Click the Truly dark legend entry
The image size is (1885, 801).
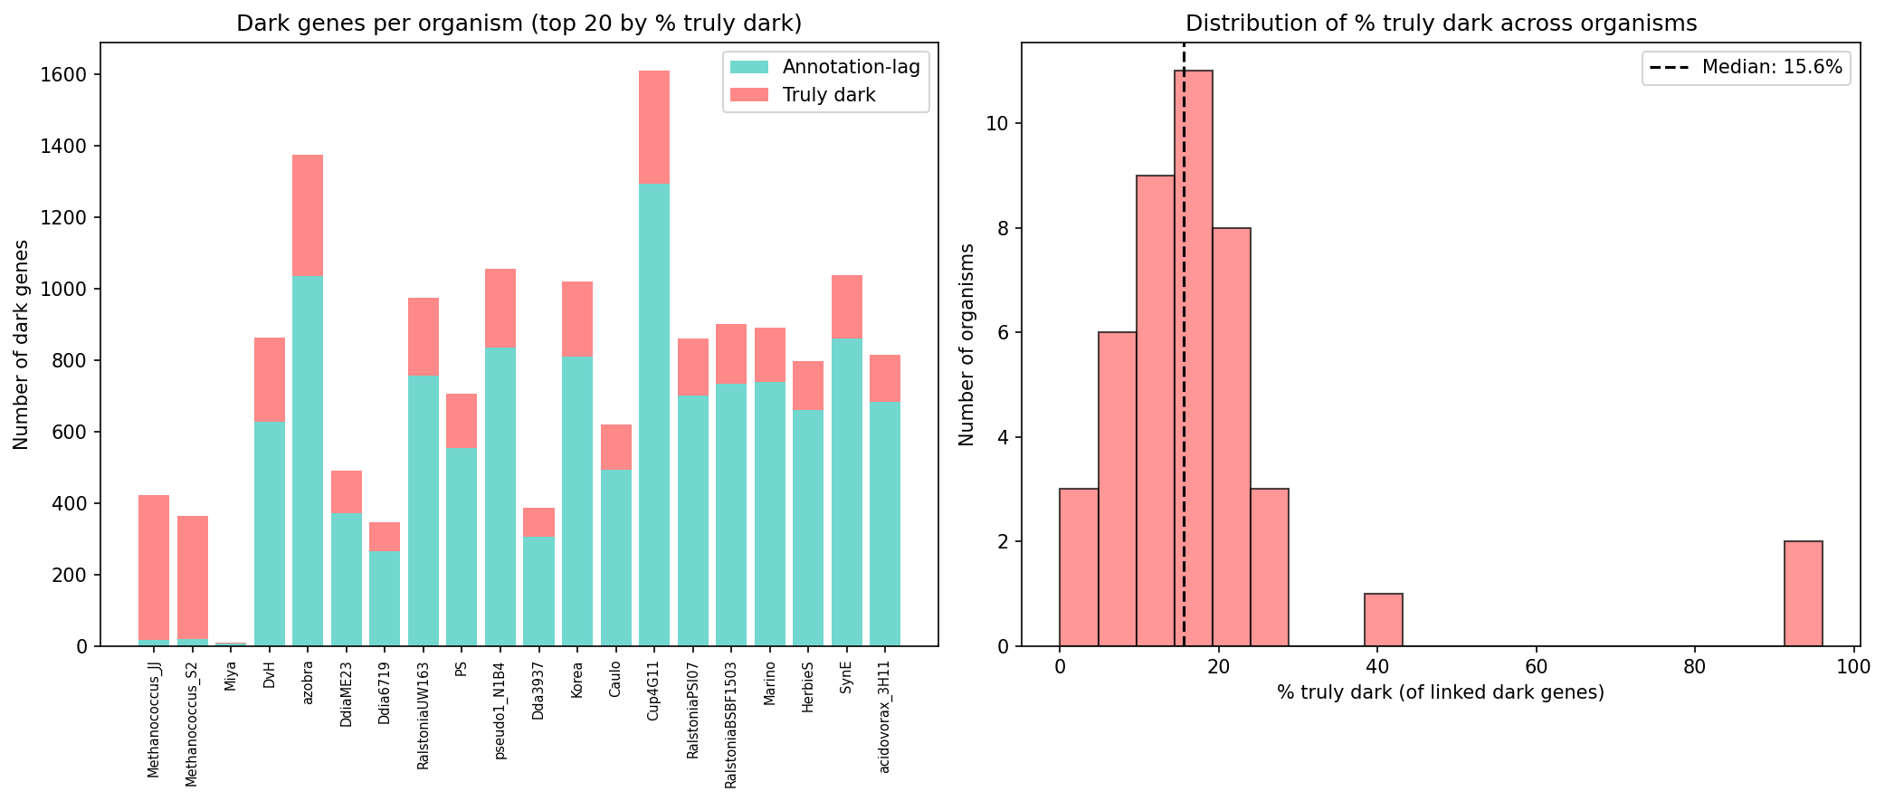click(828, 95)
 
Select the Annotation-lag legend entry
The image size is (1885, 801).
click(851, 67)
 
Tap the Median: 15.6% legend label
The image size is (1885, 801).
click(1771, 67)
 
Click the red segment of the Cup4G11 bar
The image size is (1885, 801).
click(654, 127)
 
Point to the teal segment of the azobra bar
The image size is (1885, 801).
click(308, 462)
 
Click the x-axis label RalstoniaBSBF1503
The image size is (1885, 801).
click(731, 723)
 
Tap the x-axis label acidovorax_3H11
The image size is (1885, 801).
click(885, 716)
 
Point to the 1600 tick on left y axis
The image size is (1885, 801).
click(69, 74)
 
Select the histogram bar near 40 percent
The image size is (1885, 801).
click(1383, 620)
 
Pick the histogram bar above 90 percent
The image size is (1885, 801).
click(1803, 594)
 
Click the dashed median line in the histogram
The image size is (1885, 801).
click(1184, 272)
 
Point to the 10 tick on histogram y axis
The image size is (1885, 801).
click(996, 124)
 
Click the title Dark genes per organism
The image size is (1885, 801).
click(519, 24)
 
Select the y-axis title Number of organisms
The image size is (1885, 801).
click(966, 344)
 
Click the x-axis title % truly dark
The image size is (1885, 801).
click(1440, 693)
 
